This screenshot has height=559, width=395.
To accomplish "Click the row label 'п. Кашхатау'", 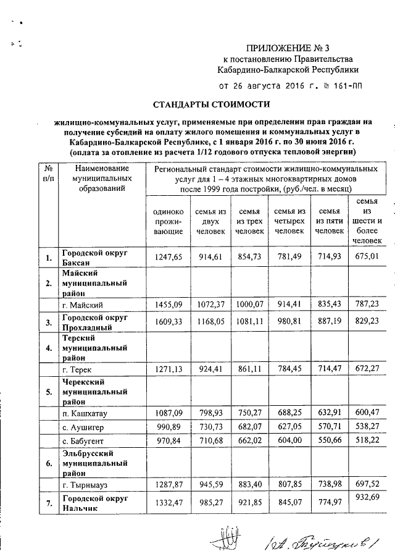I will [x=86, y=410].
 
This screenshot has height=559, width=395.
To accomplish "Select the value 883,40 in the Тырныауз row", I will [x=249, y=485].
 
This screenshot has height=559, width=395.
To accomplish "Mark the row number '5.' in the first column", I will [x=47, y=390].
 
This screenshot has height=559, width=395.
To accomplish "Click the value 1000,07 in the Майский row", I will [x=249, y=305].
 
